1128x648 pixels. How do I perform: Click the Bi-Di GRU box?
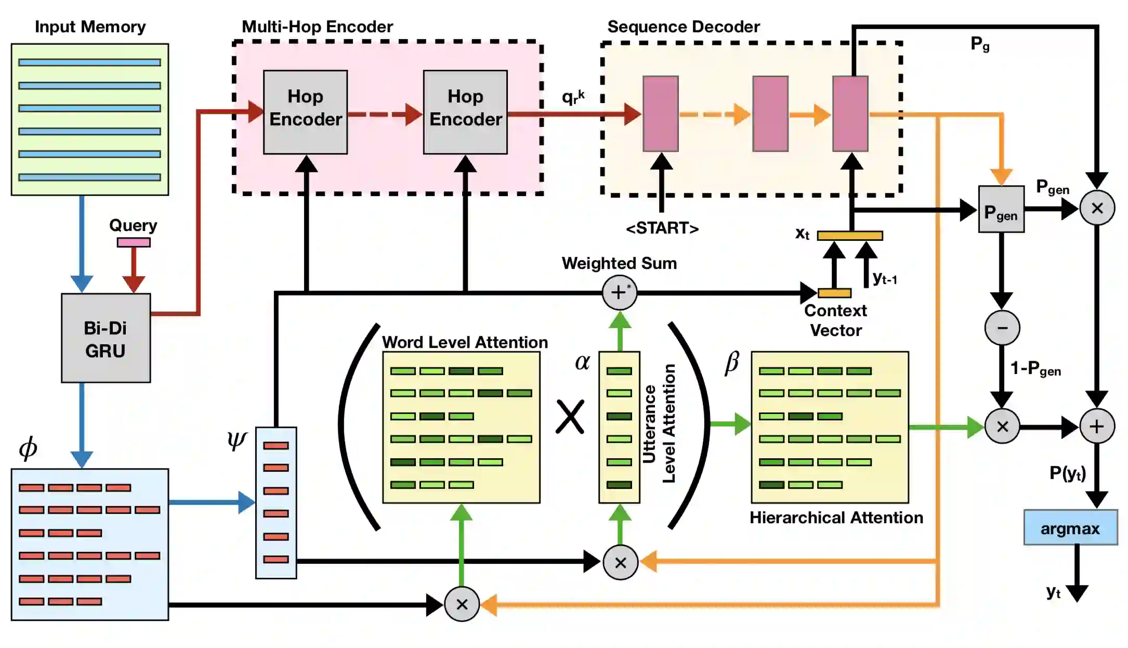(x=106, y=339)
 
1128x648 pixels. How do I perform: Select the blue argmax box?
(x=1070, y=528)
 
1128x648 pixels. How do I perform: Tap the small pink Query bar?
(x=134, y=242)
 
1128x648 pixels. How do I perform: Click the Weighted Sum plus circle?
(x=619, y=293)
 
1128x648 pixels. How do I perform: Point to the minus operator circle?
(x=1002, y=328)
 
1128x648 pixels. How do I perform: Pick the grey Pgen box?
(x=1001, y=209)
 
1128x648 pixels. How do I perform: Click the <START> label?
(x=662, y=228)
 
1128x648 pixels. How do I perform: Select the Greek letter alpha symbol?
(x=582, y=362)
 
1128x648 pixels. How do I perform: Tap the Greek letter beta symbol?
(x=731, y=362)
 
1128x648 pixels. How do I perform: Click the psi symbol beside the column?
(x=237, y=440)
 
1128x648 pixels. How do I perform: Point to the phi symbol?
(x=28, y=448)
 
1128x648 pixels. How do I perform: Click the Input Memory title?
(x=90, y=27)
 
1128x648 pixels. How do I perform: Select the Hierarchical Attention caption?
(x=836, y=517)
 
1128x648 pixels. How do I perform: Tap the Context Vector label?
(x=835, y=320)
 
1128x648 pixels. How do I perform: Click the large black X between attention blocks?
(x=570, y=417)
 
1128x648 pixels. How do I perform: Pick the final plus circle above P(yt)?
(x=1097, y=426)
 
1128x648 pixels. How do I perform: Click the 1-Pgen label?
(x=1035, y=369)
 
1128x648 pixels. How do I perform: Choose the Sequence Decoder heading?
(x=683, y=27)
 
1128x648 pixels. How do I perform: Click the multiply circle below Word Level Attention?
(x=462, y=604)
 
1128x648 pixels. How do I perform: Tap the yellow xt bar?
(x=849, y=236)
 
